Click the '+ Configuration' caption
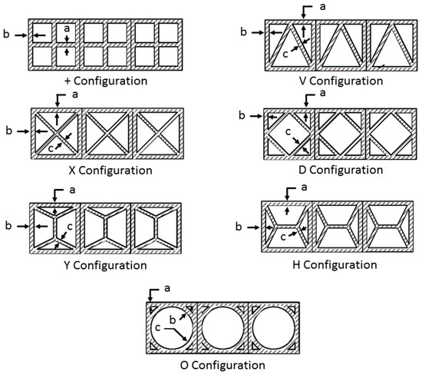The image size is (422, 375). coord(106,81)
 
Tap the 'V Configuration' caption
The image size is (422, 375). coord(341,81)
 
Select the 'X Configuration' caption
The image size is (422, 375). coord(110,171)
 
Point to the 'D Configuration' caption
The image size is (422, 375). coord(341,170)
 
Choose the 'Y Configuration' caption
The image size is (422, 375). coord(106,265)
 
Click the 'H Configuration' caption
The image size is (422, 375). coord(335,265)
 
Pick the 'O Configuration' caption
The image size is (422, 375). coord(223,365)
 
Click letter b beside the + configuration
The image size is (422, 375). coord(6,34)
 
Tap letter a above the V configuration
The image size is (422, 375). coord(322,7)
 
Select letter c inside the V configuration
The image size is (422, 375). coord(285,55)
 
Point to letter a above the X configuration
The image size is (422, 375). coord(75,95)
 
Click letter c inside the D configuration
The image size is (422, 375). coord(288,131)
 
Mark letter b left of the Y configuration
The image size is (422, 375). coord(8,225)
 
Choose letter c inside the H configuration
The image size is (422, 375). coord(283,237)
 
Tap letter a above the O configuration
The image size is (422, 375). coord(167,288)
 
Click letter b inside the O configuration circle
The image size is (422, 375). coord(173,320)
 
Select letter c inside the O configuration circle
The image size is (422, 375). coord(158,328)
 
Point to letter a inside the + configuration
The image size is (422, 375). coord(67,28)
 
